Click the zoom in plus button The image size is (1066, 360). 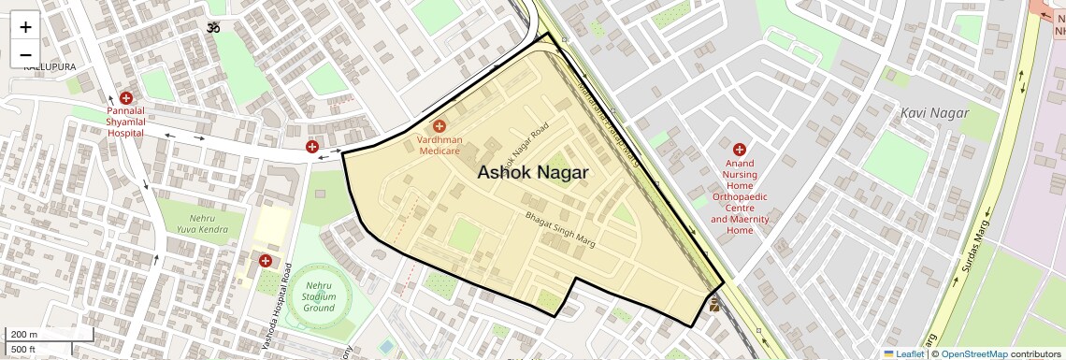pyautogui.click(x=25, y=26)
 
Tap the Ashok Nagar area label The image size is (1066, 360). pyautogui.click(x=533, y=172)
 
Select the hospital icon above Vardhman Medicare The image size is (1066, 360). pyautogui.click(x=439, y=126)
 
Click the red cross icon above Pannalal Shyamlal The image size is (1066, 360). pyautogui.click(x=125, y=98)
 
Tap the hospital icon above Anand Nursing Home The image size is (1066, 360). pyautogui.click(x=739, y=149)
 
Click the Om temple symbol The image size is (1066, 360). pyautogui.click(x=213, y=28)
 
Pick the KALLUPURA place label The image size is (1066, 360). pyautogui.click(x=49, y=66)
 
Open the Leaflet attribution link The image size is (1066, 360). pyautogui.click(x=903, y=353)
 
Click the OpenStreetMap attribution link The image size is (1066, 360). pyautogui.click(x=973, y=353)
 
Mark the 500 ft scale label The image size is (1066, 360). pyautogui.click(x=23, y=350)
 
